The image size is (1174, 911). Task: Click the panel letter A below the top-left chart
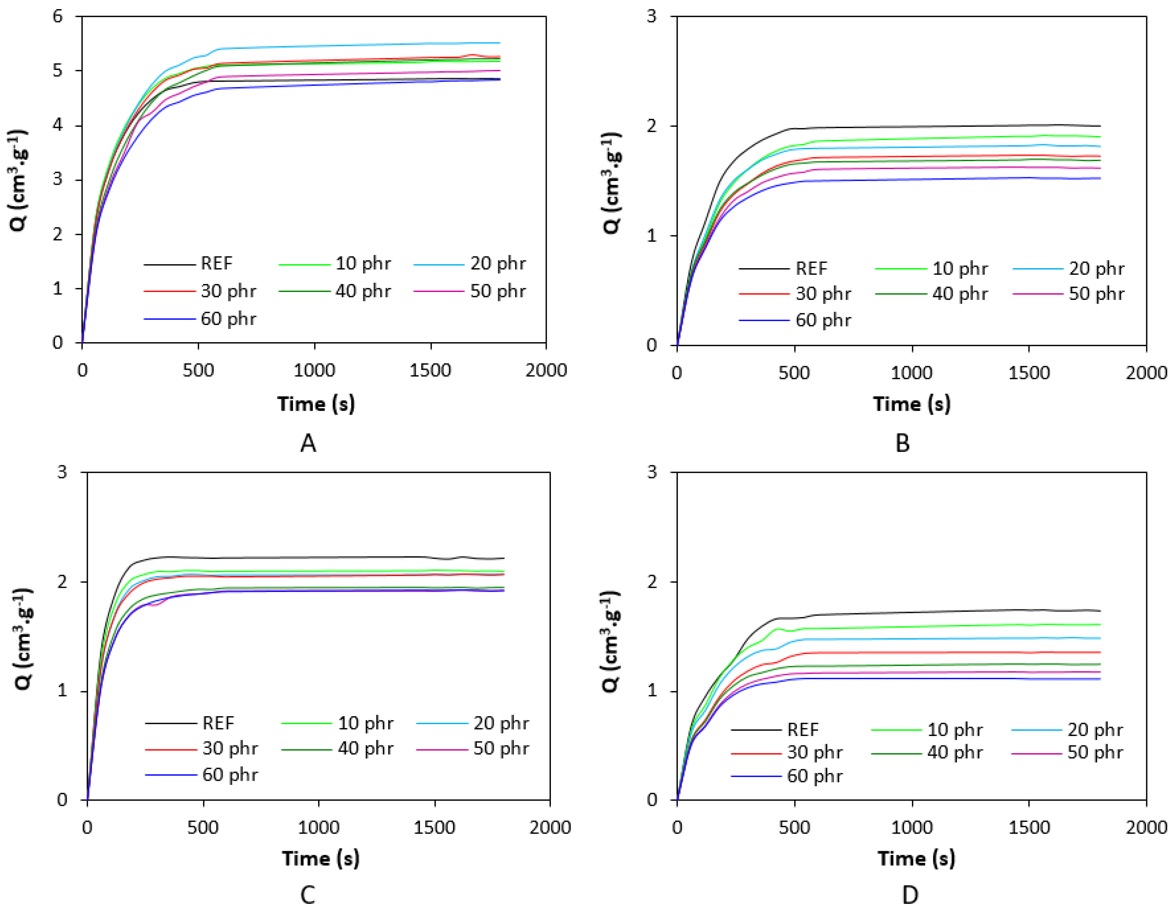(x=308, y=443)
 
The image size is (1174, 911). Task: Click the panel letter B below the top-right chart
(x=903, y=443)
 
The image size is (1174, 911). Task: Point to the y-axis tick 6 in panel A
(x=58, y=16)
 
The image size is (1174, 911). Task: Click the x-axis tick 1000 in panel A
(x=314, y=370)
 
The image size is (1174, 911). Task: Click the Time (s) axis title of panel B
(x=912, y=404)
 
